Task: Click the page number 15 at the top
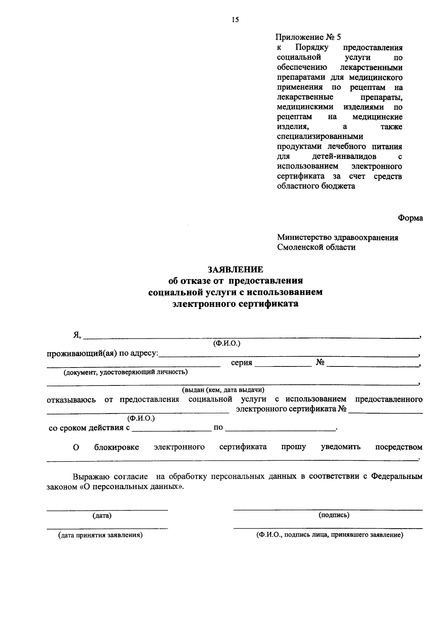point(235,20)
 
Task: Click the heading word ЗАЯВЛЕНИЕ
point(235,270)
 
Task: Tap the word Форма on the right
point(410,218)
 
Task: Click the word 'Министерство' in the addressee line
point(304,237)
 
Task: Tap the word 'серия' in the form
point(241,363)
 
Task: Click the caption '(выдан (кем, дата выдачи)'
point(223,390)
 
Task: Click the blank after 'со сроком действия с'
point(172,429)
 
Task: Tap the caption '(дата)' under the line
point(102,516)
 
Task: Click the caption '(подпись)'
point(334,515)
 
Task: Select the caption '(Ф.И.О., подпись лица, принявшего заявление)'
point(330,535)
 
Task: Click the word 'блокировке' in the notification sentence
point(116,447)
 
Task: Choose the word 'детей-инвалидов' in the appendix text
point(344,157)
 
